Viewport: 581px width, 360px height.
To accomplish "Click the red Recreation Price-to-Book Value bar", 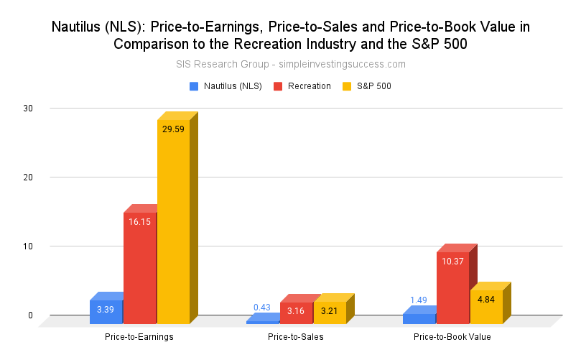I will click(x=452, y=287).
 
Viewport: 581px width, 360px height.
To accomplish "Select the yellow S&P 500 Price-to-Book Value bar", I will click(x=486, y=306).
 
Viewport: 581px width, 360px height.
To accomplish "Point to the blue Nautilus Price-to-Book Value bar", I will click(x=419, y=318).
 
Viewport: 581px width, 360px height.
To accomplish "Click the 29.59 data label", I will click(x=173, y=129).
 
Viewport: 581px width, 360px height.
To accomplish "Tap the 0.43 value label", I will click(x=262, y=308).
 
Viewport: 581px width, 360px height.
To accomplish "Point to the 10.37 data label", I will click(x=452, y=261).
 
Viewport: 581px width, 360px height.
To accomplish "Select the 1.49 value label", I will click(x=419, y=300).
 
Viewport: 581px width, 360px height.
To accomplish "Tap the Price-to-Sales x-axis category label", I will click(x=295, y=336).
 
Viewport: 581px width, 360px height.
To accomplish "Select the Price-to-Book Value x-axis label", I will click(x=452, y=336).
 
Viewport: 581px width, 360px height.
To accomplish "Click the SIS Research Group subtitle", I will click(x=291, y=64).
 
